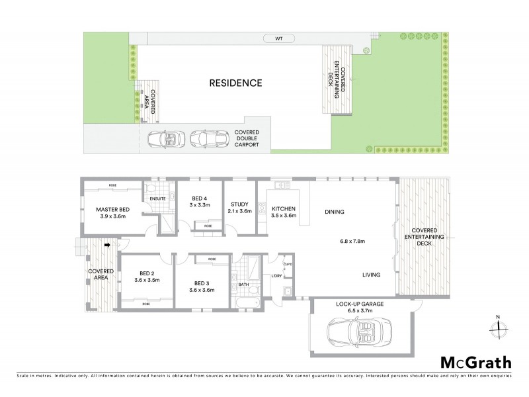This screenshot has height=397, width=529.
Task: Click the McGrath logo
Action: (x=475, y=362)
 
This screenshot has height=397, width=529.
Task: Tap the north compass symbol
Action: (x=500, y=326)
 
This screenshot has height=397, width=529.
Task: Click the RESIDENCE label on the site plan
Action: (x=236, y=83)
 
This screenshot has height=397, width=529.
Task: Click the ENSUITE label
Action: (x=157, y=198)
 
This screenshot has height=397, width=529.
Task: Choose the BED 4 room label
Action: (x=200, y=201)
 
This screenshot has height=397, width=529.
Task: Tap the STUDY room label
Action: (x=238, y=208)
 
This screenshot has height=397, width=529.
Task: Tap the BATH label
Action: (x=243, y=286)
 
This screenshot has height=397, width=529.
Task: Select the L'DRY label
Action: (x=276, y=276)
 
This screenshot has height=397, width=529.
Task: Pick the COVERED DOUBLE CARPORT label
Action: (x=246, y=138)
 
